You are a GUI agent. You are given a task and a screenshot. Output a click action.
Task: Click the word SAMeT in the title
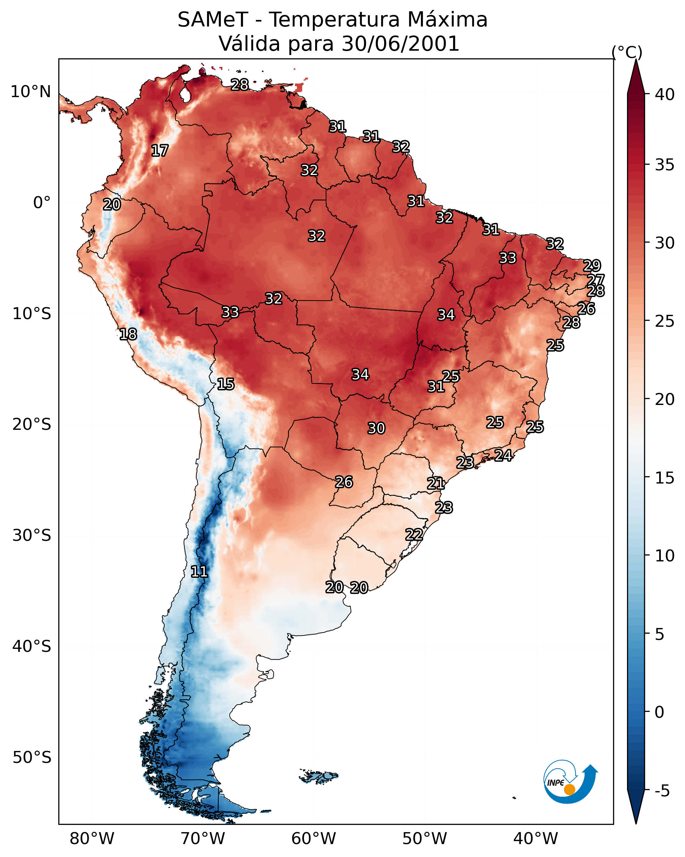(x=213, y=20)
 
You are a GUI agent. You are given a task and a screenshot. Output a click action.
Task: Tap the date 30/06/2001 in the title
(x=400, y=44)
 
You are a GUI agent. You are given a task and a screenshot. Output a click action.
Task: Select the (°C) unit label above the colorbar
(x=627, y=52)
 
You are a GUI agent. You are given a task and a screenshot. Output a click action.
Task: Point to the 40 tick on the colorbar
(x=665, y=94)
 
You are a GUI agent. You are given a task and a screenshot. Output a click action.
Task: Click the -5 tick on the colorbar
(x=662, y=791)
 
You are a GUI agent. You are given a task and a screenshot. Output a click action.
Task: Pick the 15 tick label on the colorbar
(x=665, y=478)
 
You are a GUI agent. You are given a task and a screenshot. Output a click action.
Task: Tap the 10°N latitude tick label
(x=30, y=92)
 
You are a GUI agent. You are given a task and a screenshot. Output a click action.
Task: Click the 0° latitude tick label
(x=42, y=203)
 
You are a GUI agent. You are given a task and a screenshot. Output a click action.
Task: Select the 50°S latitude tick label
(x=32, y=758)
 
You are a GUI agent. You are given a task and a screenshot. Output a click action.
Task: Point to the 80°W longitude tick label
(x=92, y=839)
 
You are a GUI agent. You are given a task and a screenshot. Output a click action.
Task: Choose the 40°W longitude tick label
(x=536, y=839)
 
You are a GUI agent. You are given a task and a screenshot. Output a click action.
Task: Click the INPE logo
(x=570, y=781)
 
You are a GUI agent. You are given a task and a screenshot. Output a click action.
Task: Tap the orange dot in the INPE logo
(x=569, y=789)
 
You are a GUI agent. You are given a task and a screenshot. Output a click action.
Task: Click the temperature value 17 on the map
(x=160, y=151)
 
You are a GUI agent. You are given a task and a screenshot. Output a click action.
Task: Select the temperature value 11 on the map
(x=199, y=572)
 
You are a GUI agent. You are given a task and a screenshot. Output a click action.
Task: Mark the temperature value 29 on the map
(x=592, y=265)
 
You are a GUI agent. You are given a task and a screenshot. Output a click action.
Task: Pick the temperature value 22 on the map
(x=414, y=534)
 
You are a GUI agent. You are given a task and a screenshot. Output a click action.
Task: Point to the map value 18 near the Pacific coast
(x=128, y=334)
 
